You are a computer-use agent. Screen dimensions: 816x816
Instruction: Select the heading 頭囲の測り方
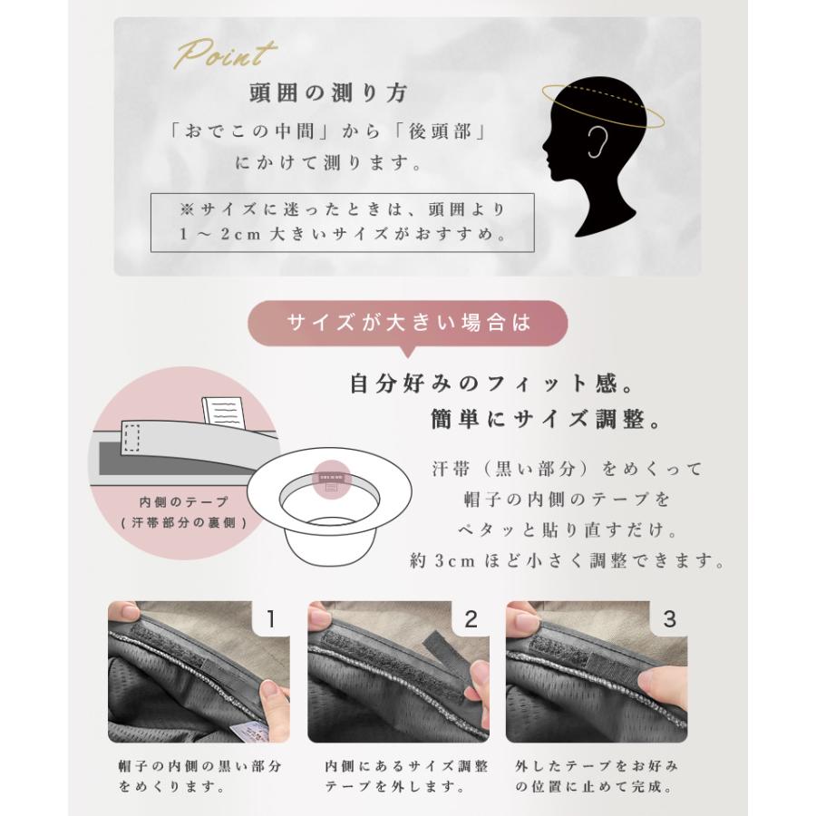(328, 92)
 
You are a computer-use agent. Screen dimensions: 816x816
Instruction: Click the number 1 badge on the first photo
(269, 619)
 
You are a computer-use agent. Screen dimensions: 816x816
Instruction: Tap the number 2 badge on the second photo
(470, 619)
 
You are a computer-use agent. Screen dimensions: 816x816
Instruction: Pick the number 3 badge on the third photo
(669, 619)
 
